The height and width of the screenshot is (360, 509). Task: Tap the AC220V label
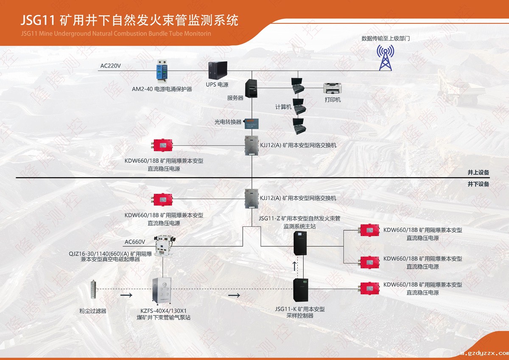[110, 66]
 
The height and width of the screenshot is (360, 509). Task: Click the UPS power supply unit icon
[218, 70]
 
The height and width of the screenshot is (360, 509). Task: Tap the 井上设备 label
[478, 173]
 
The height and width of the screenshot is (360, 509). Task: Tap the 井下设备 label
[478, 184]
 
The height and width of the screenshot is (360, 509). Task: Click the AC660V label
[135, 242]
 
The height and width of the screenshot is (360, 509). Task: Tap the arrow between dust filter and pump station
[126, 295]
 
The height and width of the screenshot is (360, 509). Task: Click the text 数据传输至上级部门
[385, 38]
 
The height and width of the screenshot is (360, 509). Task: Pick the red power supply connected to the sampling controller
[369, 288]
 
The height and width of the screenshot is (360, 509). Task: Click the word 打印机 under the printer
[333, 100]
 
